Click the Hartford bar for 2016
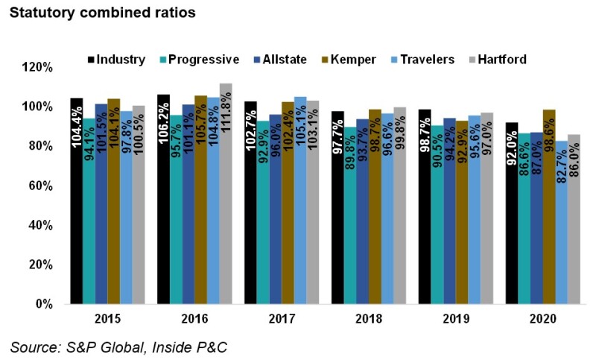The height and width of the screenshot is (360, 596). [x=226, y=194]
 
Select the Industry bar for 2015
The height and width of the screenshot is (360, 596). [x=77, y=201]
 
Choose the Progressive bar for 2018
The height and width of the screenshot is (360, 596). [x=351, y=215]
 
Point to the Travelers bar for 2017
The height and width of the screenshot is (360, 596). [x=301, y=200]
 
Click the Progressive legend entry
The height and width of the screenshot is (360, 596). [x=198, y=59]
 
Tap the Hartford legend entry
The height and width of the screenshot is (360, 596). [x=495, y=59]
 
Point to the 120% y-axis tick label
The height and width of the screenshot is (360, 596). [x=38, y=67]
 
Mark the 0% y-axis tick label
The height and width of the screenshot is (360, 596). [x=44, y=304]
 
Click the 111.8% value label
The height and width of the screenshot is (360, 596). [x=226, y=119]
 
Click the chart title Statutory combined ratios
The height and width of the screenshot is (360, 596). [x=91, y=13]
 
